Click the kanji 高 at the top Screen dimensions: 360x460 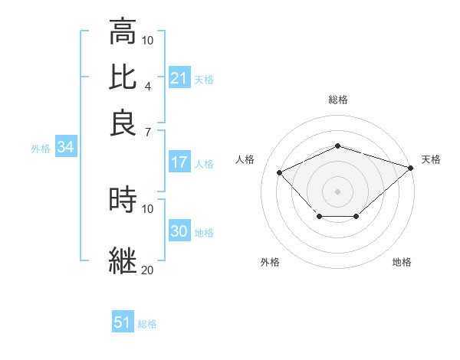tap(123, 32)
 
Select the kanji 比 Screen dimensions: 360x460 tap(123, 77)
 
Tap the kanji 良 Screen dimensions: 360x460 tap(123, 123)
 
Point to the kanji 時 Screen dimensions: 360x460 tap(123, 200)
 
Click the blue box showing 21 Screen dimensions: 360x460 tap(179, 78)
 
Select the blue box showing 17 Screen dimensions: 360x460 tap(179, 162)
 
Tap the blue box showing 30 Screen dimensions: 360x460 tap(179, 231)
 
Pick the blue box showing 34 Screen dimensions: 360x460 tap(65, 148)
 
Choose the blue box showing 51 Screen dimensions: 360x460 tap(123, 322)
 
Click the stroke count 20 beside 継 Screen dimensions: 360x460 tap(147, 270)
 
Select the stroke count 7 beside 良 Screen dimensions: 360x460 tap(147, 132)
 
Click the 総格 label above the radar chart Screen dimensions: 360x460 tap(337, 100)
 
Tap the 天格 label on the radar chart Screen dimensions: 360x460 tap(431, 159)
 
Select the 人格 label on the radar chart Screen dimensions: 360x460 tap(245, 159)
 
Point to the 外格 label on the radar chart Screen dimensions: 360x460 tap(270, 262)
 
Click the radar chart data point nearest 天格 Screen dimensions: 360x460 tap(412, 168)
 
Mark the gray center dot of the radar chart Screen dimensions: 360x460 tap(337, 191)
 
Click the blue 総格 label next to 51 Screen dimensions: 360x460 tap(147, 324)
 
